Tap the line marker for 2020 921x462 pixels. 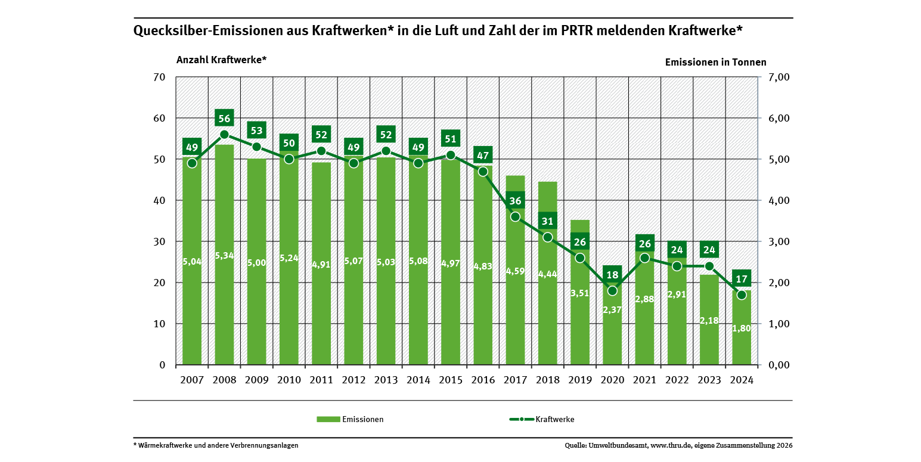[x=612, y=291]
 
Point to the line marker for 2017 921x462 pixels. [x=515, y=216]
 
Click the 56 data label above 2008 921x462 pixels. [x=224, y=118]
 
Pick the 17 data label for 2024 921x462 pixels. [x=741, y=278]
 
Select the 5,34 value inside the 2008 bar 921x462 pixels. [x=224, y=256]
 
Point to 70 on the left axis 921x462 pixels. [x=159, y=77]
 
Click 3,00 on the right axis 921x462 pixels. [x=778, y=241]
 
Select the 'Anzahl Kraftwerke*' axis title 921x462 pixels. [x=221, y=60]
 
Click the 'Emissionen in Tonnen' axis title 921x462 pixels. [x=715, y=62]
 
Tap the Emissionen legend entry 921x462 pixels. [x=362, y=419]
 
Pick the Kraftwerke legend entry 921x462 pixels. [x=555, y=419]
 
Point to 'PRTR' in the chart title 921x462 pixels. [x=578, y=32]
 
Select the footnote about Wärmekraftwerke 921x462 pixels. [x=216, y=445]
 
